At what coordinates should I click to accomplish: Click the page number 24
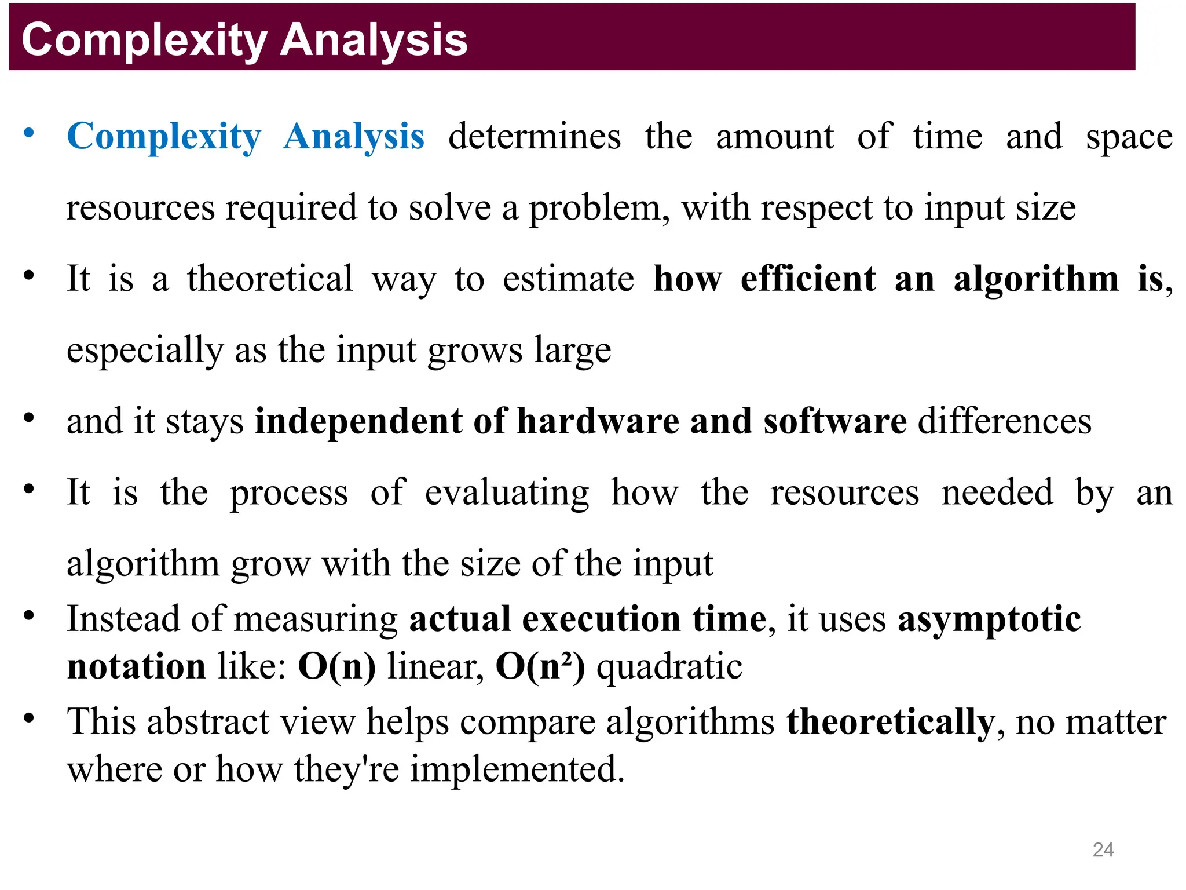(x=1103, y=849)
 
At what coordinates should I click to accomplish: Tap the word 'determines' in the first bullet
(x=535, y=137)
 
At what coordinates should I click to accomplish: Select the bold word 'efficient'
(x=808, y=279)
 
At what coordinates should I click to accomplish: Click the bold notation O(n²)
(x=540, y=666)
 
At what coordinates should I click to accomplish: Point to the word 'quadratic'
(x=669, y=666)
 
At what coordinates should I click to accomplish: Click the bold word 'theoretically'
(x=890, y=723)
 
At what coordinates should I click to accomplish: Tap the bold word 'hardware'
(x=598, y=421)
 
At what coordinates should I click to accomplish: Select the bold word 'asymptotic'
(x=989, y=619)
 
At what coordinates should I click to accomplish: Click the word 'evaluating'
(x=507, y=493)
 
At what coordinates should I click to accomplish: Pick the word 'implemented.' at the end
(x=518, y=770)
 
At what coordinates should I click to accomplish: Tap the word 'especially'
(x=145, y=351)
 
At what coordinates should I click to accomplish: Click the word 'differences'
(x=1005, y=421)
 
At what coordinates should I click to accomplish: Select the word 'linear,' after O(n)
(x=435, y=666)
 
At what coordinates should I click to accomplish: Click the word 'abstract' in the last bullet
(x=208, y=722)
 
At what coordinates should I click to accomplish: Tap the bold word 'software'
(x=834, y=421)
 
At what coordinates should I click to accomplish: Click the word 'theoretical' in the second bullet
(x=270, y=279)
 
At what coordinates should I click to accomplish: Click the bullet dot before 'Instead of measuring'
(x=29, y=616)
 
